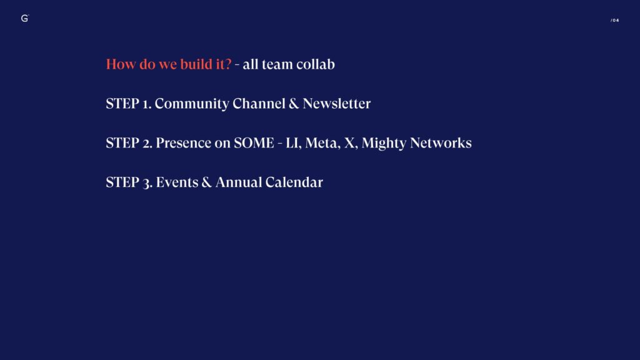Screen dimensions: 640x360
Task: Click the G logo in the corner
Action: click(24, 18)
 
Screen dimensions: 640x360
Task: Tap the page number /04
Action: click(615, 20)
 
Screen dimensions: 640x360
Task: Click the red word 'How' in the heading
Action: click(121, 64)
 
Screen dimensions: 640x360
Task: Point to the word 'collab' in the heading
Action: click(316, 64)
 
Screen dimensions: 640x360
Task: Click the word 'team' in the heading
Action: click(277, 64)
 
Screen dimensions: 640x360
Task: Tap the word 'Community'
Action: click(192, 104)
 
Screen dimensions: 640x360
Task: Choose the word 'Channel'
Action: click(259, 103)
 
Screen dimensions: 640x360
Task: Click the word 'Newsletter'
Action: click(337, 103)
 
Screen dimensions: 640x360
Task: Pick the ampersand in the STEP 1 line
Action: click(294, 104)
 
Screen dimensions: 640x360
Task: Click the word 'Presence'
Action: click(183, 143)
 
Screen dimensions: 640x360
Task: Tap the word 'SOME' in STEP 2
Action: click(254, 143)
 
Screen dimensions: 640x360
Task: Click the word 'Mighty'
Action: click(384, 143)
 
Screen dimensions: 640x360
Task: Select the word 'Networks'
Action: click(441, 143)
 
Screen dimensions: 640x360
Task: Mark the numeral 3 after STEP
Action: click(147, 183)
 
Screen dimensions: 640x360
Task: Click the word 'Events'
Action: click(177, 182)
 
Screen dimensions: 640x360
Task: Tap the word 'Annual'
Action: click(239, 182)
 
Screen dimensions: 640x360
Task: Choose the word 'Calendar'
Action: click(294, 182)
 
